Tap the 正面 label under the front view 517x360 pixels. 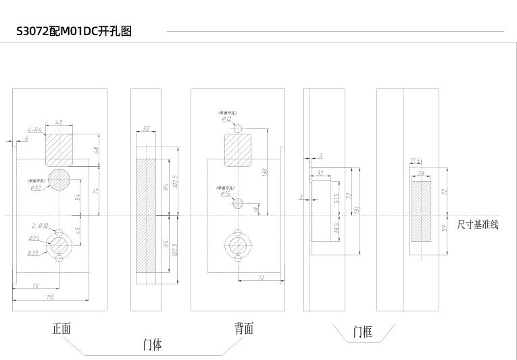click(x=62, y=329)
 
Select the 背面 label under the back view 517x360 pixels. click(x=245, y=329)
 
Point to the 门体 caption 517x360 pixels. click(x=153, y=344)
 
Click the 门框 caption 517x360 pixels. click(x=363, y=332)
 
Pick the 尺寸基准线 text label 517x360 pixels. click(x=478, y=225)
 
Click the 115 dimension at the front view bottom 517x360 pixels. click(x=49, y=298)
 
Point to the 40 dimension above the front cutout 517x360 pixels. click(x=59, y=123)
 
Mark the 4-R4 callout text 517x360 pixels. click(x=34, y=129)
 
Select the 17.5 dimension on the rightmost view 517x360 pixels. click(x=416, y=161)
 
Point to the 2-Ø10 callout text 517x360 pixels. click(x=39, y=225)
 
